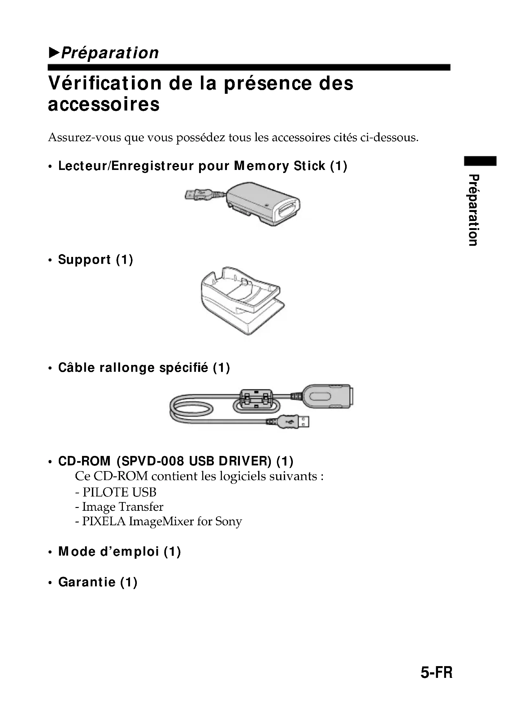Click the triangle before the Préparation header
tap(54, 53)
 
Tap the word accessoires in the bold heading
tap(104, 105)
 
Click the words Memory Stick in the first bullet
tap(279, 166)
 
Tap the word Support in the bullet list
tap(84, 259)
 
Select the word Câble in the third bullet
tap(76, 368)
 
